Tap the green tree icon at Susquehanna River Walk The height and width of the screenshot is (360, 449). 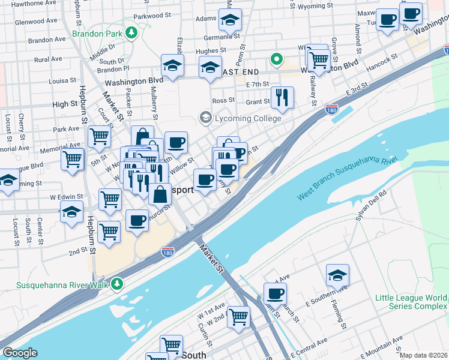pos(118,283)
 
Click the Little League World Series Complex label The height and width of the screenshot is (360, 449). pos(411,302)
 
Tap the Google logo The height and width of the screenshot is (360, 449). pos(20,353)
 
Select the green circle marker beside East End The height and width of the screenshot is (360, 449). pos(276,59)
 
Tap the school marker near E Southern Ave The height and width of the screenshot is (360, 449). pos(337,275)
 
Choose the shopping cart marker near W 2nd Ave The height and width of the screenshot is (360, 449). pos(238,316)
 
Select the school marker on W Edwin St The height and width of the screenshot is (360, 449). pos(71,211)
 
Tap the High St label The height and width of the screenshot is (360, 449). pos(61,104)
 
